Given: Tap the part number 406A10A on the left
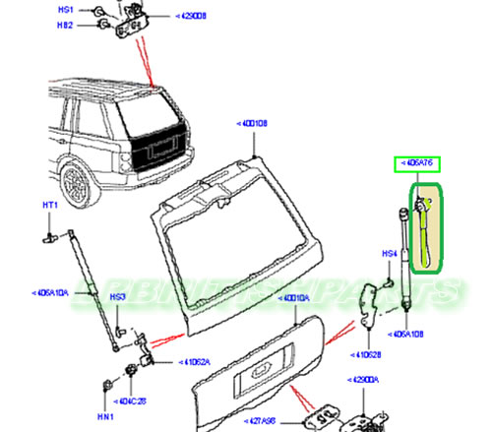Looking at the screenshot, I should [x=51, y=292].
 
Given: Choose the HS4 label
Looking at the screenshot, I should [x=389, y=254].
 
